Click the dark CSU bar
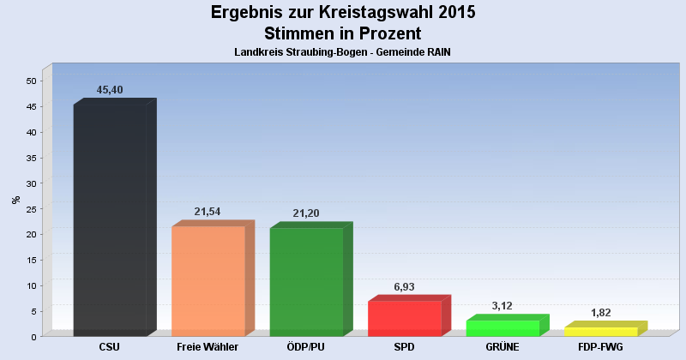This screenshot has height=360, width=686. click(x=110, y=220)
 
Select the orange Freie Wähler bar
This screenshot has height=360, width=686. click(x=208, y=281)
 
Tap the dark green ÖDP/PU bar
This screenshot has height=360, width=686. click(x=306, y=282)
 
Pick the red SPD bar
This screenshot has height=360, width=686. click(x=404, y=318)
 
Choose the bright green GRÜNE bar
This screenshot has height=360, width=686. click(x=502, y=328)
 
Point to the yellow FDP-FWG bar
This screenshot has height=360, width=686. click(x=600, y=332)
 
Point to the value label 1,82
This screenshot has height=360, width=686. click(x=600, y=313)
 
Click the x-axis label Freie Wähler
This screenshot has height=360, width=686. click(x=208, y=347)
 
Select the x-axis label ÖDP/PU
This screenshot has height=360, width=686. click(x=306, y=347)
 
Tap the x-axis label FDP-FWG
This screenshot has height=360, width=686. click(x=600, y=347)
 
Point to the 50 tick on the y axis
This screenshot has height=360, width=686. click(x=32, y=81)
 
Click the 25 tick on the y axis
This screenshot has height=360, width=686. click(x=32, y=209)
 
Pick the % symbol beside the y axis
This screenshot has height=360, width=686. click(x=16, y=200)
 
